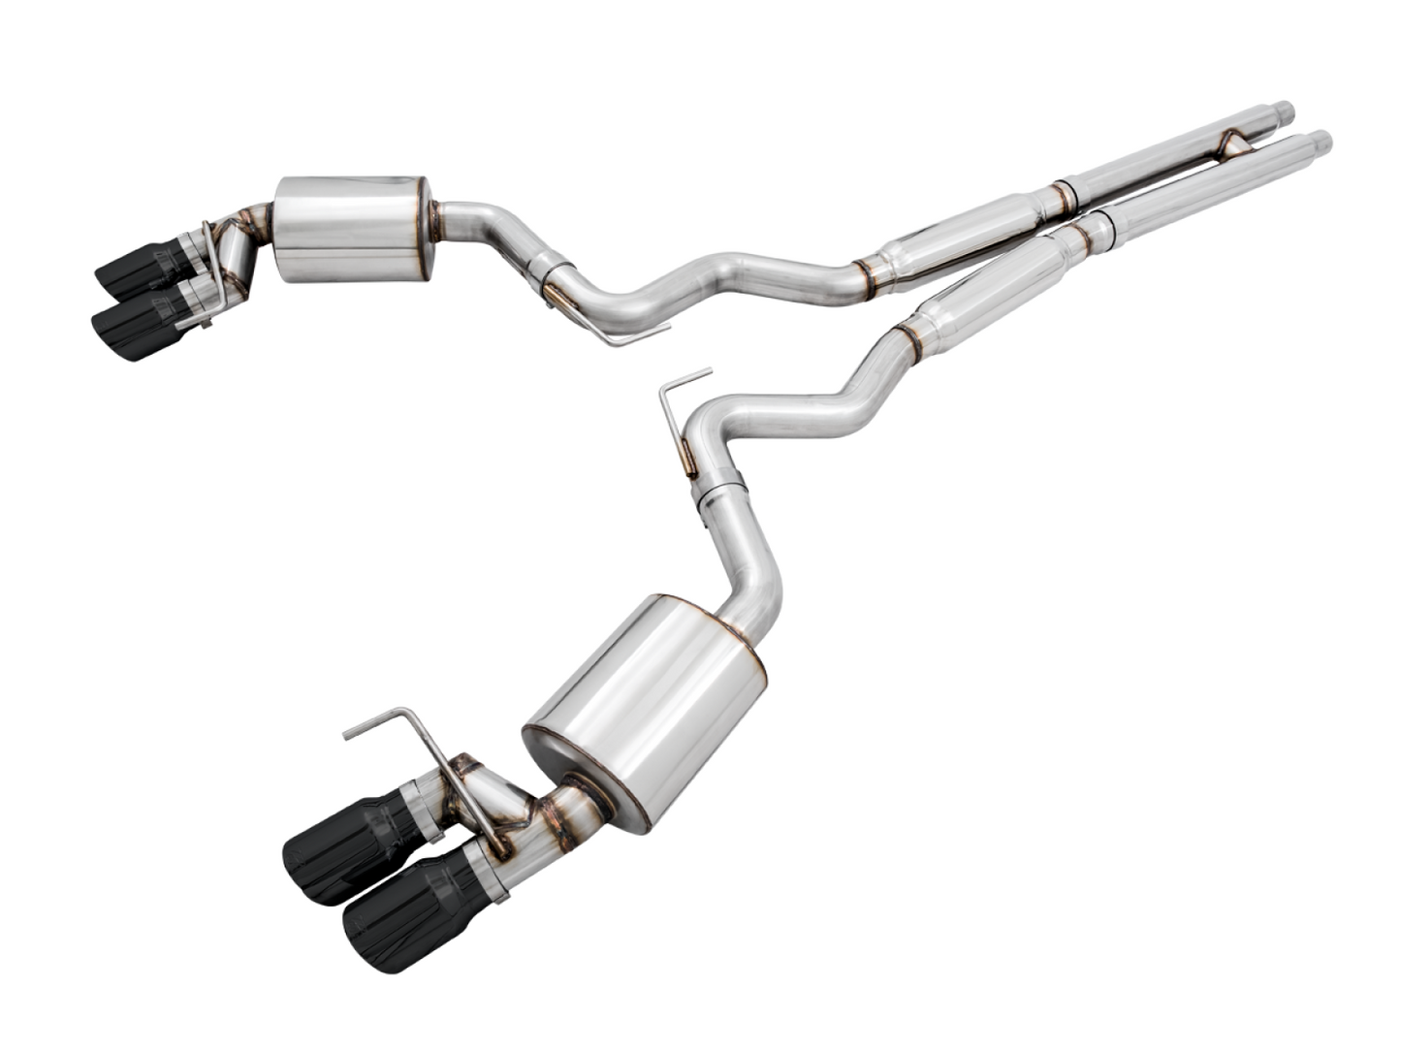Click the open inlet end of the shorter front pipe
click(1287, 109)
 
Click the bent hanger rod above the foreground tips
click(407, 729)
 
